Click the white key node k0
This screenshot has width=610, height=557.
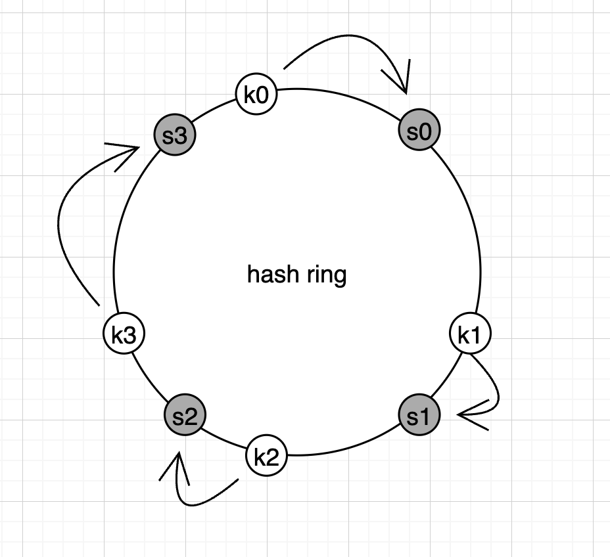256,95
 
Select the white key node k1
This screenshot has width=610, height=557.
470,334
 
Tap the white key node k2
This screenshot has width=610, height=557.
266,457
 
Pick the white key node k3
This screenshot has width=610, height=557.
124,334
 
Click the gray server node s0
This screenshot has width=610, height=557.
419,131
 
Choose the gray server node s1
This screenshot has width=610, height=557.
419,416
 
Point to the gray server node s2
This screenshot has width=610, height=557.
185,416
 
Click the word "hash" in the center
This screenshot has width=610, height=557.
268,274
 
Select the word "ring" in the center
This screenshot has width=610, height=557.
326,275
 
